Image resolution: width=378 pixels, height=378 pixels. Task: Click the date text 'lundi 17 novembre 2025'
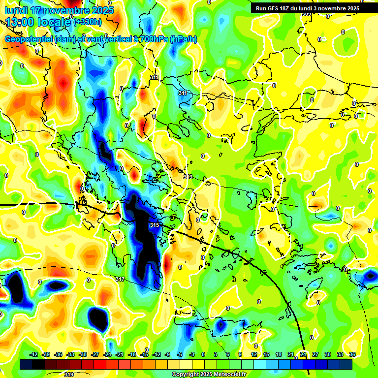pyautogui.click(x=59, y=10)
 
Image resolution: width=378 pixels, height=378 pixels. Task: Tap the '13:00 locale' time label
pyautogui.click(x=39, y=22)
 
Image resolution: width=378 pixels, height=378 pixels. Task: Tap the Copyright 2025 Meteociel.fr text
pyautogui.click(x=209, y=374)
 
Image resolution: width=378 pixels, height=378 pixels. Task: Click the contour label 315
pyautogui.click(x=154, y=225)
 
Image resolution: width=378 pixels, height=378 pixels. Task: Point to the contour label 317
pyautogui.click(x=120, y=279)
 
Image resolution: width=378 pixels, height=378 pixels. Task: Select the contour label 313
pyautogui.click(x=188, y=177)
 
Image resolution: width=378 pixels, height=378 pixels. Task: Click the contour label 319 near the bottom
pyautogui.click(x=69, y=374)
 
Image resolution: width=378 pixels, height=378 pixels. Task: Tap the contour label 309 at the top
pyautogui.click(x=306, y=14)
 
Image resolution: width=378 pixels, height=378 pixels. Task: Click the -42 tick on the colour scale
pyautogui.click(x=34, y=354)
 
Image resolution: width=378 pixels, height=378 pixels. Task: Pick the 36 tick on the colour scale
pyautogui.click(x=352, y=354)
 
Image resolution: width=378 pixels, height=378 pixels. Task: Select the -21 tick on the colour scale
pyautogui.click(x=120, y=354)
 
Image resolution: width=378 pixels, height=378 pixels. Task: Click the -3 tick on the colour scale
pyautogui.click(x=192, y=354)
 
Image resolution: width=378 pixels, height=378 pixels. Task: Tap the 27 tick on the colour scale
pyautogui.click(x=315, y=354)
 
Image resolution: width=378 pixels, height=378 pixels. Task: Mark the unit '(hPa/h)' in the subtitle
pyautogui.click(x=183, y=39)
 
